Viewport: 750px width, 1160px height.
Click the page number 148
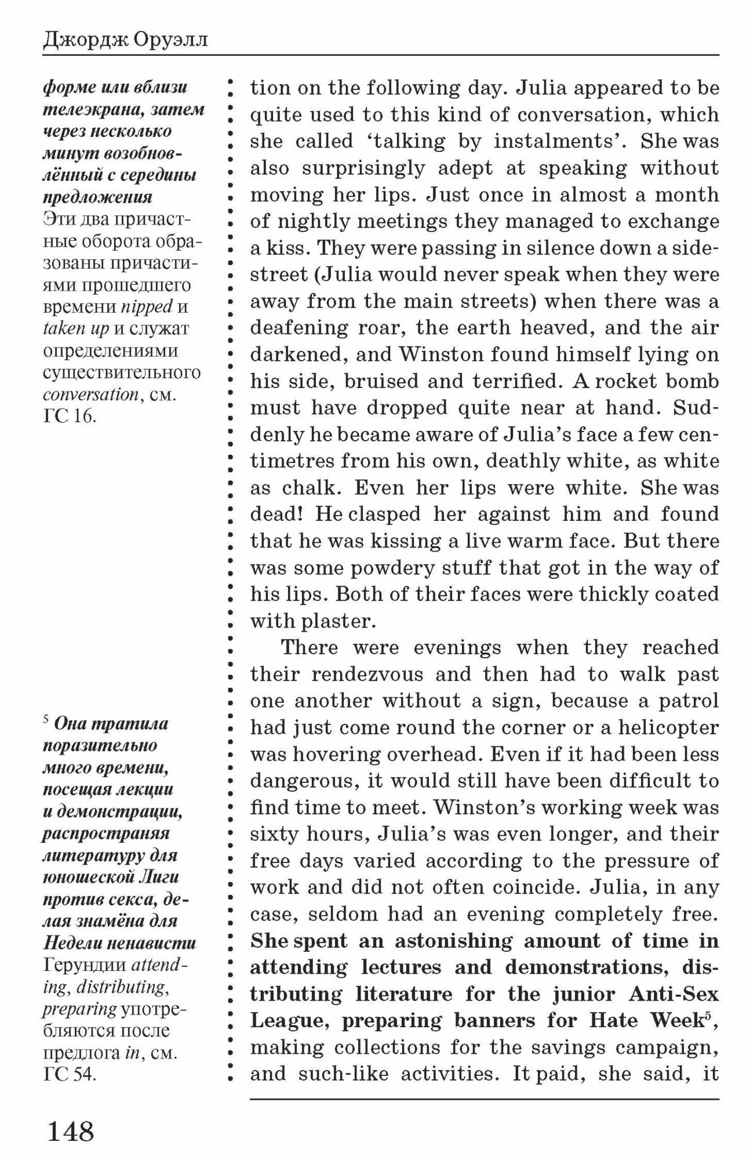pyautogui.click(x=70, y=1130)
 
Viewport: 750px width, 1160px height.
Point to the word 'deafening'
pyautogui.click(x=298, y=328)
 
